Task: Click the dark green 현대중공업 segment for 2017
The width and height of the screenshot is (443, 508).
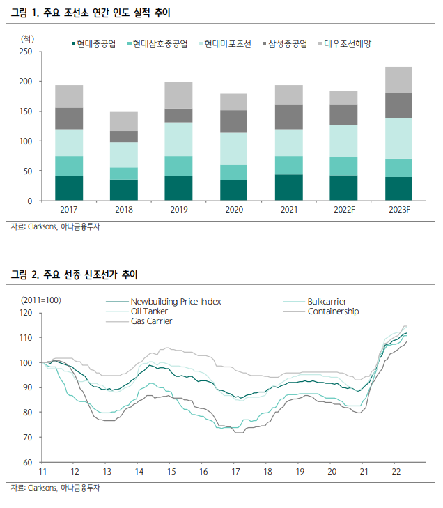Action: [x=69, y=188]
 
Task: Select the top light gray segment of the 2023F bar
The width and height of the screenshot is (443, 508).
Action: [x=398, y=80]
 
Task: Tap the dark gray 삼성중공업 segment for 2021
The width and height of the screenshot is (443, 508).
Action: [x=288, y=116]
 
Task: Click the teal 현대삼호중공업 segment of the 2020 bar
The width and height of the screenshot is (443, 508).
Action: [x=233, y=173]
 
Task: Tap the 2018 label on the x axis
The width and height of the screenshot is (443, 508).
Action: [x=123, y=210]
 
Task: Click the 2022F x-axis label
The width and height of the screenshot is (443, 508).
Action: [x=344, y=210]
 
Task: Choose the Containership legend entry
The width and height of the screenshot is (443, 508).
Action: [x=333, y=311]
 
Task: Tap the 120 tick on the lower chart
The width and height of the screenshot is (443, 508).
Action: [x=26, y=313]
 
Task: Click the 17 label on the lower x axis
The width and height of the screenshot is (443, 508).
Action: [x=235, y=472]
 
